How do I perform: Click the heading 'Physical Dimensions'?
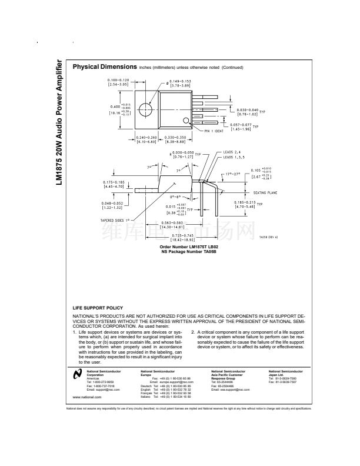[104, 66]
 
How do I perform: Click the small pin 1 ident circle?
[187, 122]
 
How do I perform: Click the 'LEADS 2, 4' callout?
[234, 152]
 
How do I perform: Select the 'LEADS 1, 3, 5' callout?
[236, 158]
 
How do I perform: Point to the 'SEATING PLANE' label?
[266, 192]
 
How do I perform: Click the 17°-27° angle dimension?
[234, 174]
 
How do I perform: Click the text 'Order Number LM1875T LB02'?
[181, 247]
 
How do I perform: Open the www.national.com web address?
[84, 397]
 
